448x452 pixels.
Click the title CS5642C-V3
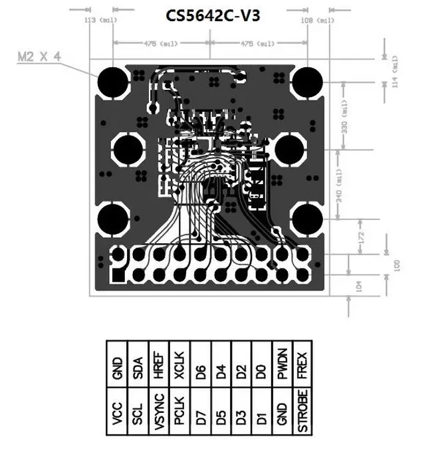208,15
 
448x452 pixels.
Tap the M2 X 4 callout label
39,57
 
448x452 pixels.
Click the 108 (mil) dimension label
318,21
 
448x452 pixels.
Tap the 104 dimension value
360,286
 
